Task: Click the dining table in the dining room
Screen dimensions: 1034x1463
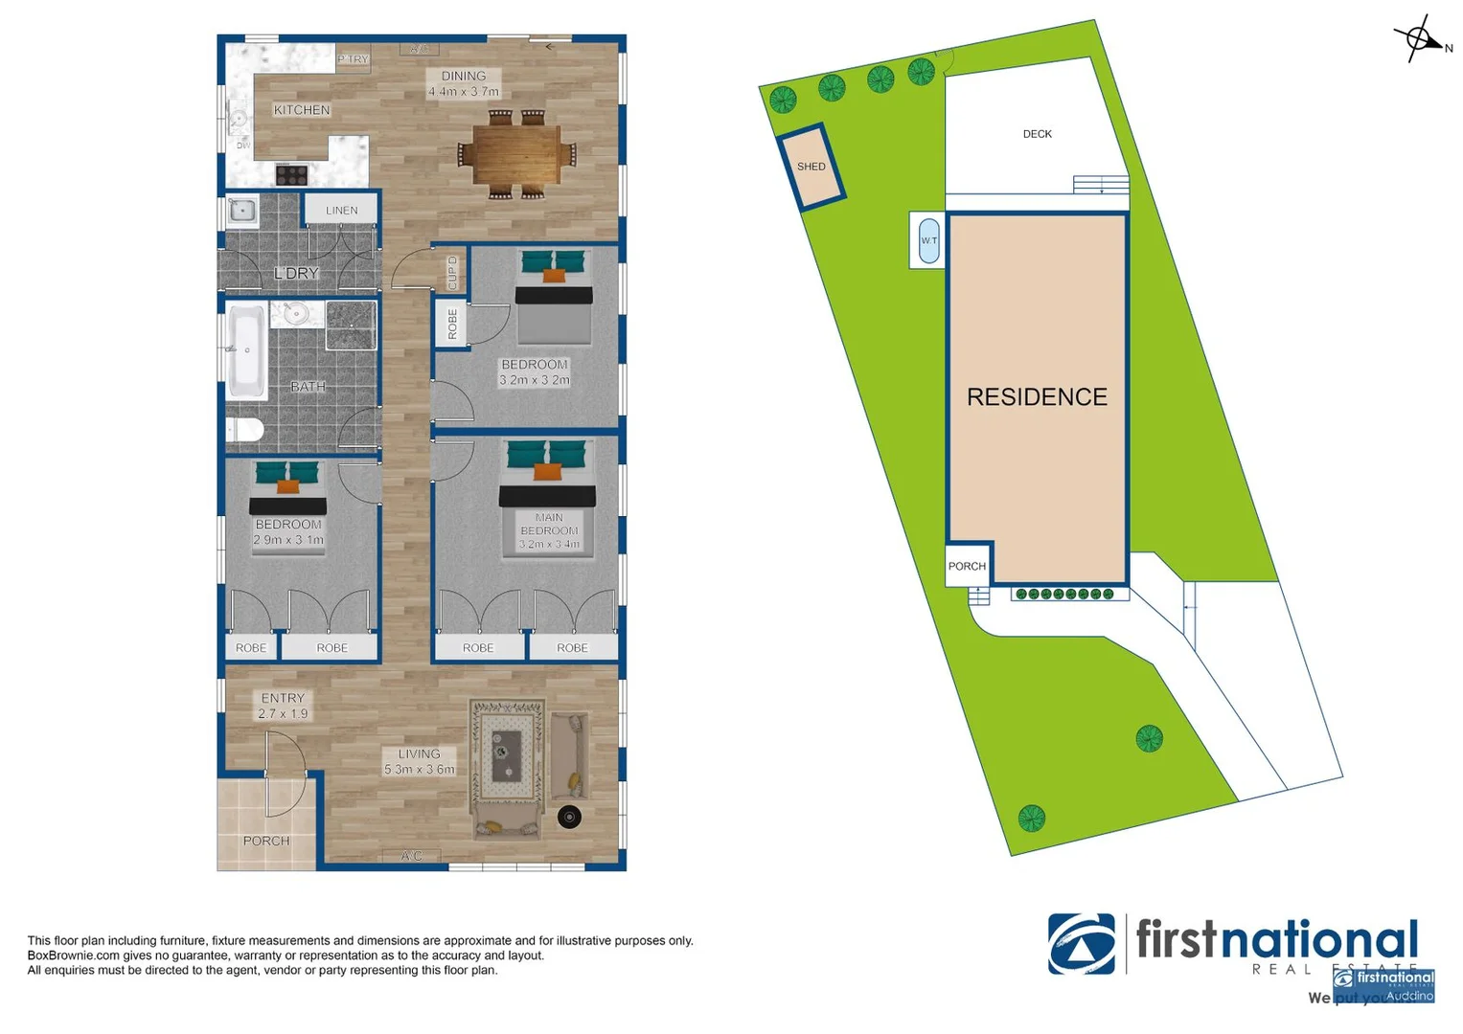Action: tap(516, 154)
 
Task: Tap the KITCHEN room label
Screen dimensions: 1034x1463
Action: tap(302, 110)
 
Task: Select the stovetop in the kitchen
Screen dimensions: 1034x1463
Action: tap(292, 174)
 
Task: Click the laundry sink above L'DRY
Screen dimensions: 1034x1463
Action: tap(242, 211)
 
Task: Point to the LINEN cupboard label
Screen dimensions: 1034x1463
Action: tap(341, 211)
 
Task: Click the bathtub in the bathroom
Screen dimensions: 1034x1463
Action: tap(246, 351)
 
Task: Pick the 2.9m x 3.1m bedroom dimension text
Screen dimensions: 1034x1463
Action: tap(288, 540)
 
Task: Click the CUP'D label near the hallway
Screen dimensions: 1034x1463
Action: tap(453, 272)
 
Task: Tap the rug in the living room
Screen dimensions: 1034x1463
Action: tap(507, 750)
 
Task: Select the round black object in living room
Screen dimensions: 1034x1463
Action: tap(569, 817)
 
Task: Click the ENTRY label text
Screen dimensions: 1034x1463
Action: tap(283, 698)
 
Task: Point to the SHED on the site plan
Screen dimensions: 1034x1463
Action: tap(811, 167)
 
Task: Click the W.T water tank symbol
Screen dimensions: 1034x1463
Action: tap(928, 240)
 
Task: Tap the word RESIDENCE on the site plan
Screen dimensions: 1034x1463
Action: tap(1037, 396)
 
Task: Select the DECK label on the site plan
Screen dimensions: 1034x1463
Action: tap(1037, 134)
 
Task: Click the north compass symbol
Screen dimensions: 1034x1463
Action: tap(1420, 39)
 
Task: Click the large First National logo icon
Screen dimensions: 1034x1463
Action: tap(1081, 944)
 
